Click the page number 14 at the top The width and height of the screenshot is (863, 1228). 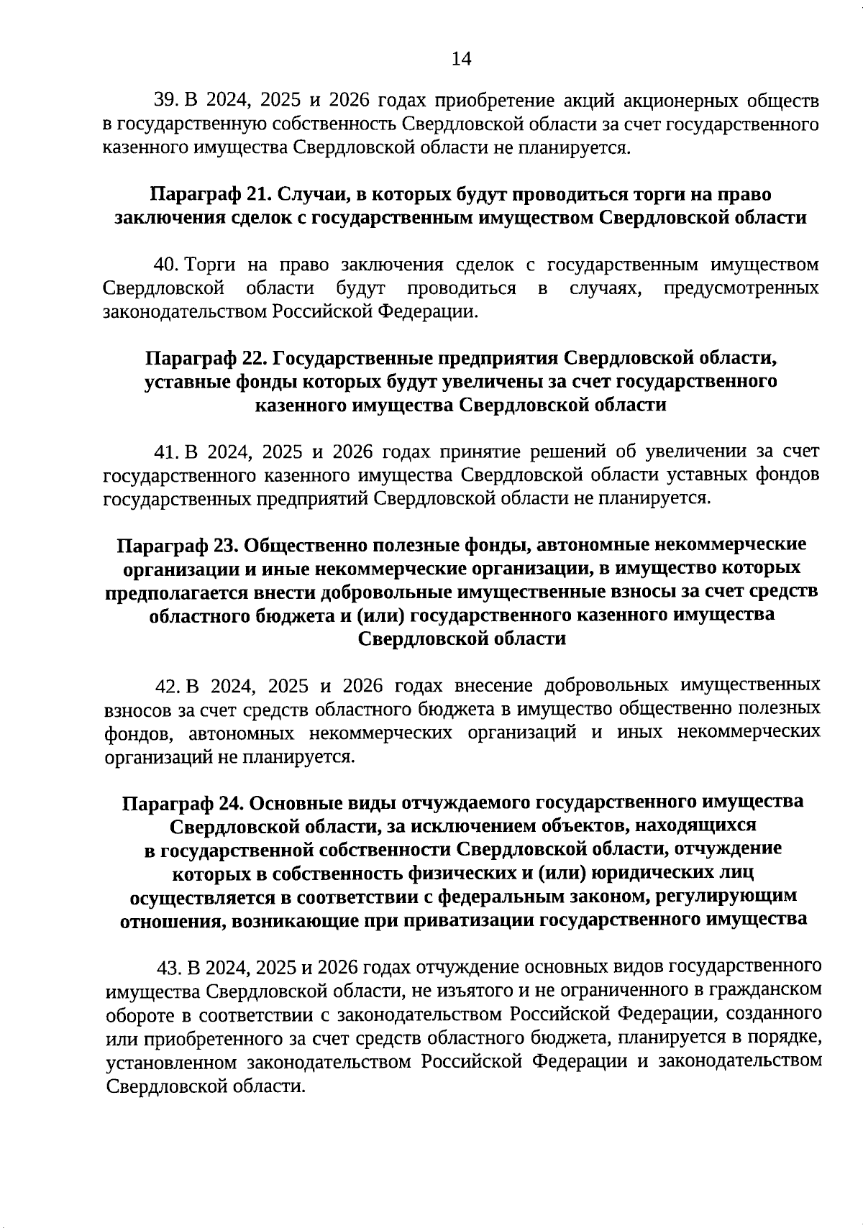pyautogui.click(x=461, y=59)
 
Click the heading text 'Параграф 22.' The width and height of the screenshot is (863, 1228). pyautogui.click(x=206, y=357)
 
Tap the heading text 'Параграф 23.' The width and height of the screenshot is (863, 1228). pyautogui.click(x=177, y=544)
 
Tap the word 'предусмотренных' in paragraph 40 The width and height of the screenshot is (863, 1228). pyautogui.click(x=741, y=288)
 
